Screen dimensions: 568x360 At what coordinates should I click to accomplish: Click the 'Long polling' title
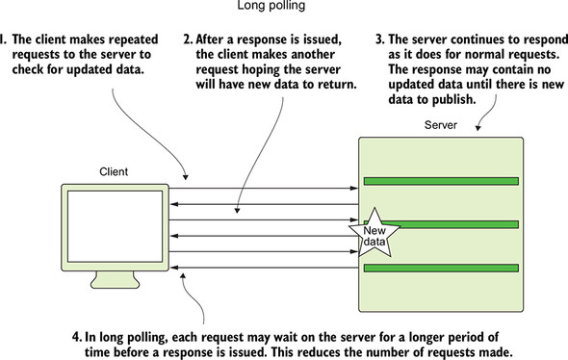click(271, 6)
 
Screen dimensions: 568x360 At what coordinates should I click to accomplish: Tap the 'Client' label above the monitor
click(114, 171)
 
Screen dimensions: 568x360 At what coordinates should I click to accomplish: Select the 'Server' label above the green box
click(441, 125)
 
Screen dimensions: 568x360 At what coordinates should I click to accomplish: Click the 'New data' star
click(374, 233)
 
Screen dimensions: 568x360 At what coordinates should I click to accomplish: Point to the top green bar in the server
click(441, 181)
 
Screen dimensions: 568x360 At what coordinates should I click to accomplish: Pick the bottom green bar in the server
click(441, 268)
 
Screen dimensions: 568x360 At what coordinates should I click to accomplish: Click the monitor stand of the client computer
click(115, 279)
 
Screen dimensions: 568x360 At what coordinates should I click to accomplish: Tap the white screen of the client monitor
click(115, 226)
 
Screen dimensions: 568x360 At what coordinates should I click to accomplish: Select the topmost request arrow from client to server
click(264, 189)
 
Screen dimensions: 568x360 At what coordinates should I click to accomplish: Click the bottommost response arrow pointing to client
click(265, 268)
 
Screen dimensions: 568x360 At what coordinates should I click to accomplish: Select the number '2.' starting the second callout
click(188, 39)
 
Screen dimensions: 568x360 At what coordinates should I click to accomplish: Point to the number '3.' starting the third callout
click(380, 39)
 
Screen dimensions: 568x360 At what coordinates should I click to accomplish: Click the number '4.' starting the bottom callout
click(77, 337)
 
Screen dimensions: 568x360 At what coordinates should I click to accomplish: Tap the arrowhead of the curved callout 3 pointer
click(478, 128)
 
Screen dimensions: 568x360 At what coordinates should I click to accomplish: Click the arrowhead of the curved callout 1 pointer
click(186, 177)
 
